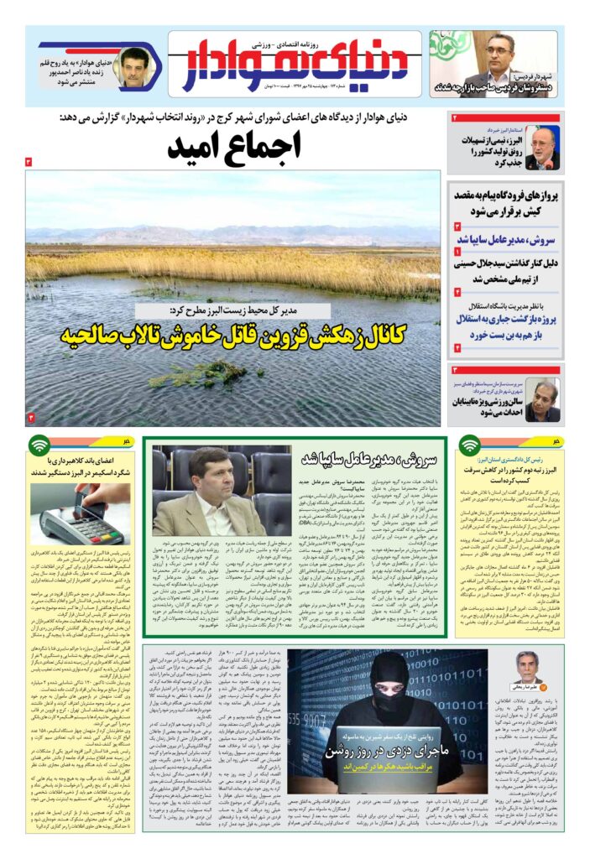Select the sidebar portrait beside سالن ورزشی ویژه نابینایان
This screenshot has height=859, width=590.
(543, 399)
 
